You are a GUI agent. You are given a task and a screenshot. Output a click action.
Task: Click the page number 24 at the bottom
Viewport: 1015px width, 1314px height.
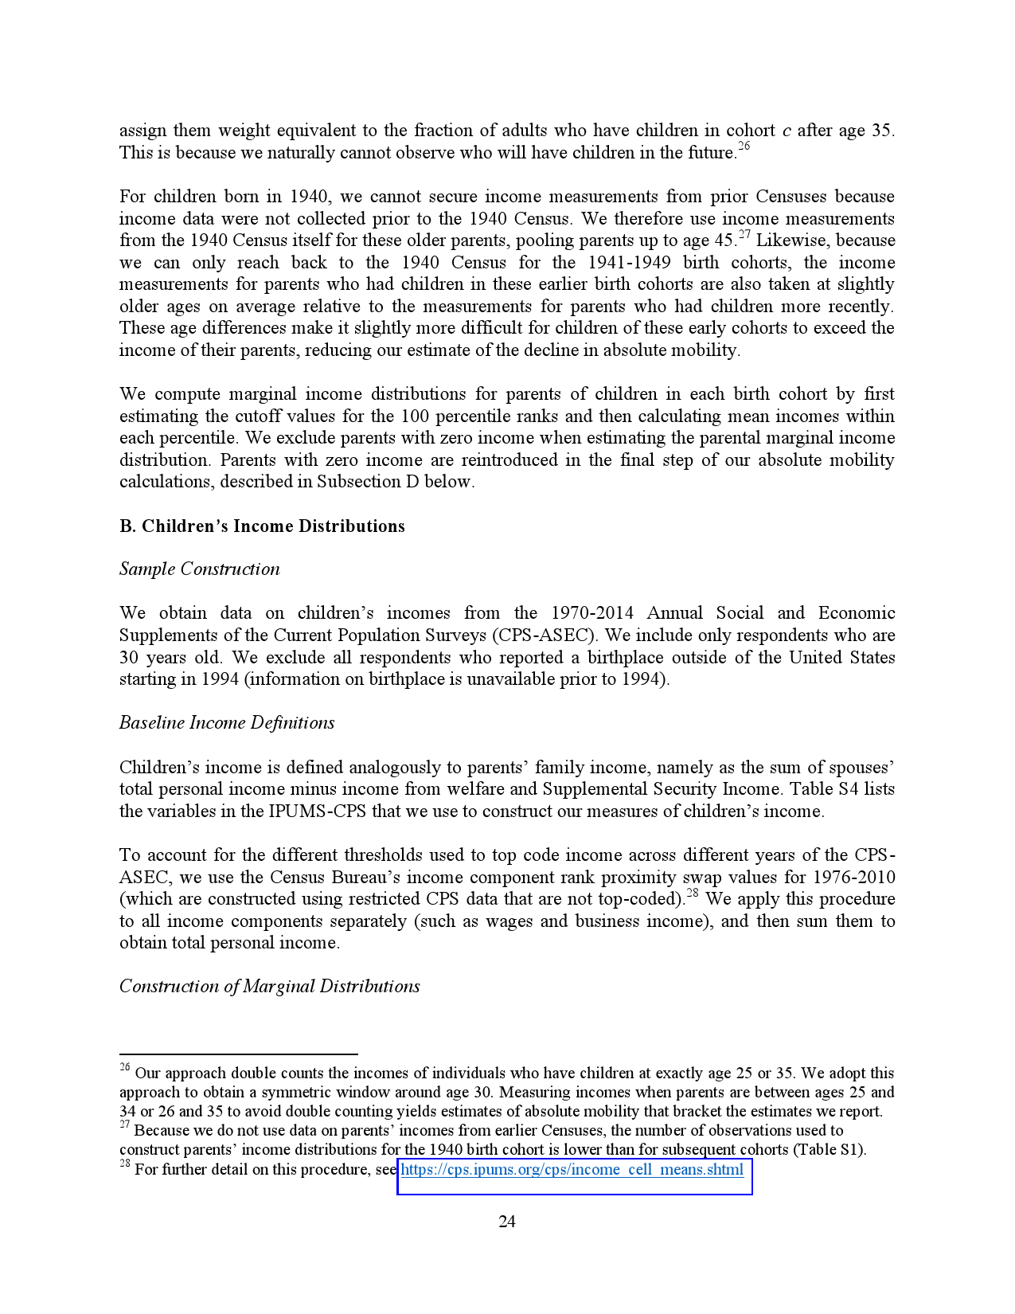click(507, 1222)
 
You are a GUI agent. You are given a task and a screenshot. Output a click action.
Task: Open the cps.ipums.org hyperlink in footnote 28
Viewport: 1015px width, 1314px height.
click(572, 1170)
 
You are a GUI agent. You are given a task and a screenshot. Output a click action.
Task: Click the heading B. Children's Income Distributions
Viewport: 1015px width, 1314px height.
click(262, 526)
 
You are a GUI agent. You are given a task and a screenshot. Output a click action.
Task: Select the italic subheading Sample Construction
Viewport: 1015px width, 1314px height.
click(200, 569)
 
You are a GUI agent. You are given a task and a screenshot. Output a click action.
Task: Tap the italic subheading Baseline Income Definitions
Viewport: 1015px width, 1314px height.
click(227, 723)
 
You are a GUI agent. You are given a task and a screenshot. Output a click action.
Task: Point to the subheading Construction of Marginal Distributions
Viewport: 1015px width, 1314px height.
click(270, 987)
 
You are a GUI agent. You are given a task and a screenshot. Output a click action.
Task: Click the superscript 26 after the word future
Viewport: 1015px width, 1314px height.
click(744, 147)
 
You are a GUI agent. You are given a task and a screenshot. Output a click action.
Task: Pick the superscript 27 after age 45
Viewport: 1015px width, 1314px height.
click(744, 234)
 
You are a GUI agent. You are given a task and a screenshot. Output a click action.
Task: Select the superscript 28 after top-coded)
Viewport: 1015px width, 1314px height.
click(692, 894)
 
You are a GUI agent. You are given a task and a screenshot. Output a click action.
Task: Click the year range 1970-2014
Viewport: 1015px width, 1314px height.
click(592, 613)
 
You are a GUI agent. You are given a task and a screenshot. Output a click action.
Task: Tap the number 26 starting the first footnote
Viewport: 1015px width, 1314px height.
click(125, 1068)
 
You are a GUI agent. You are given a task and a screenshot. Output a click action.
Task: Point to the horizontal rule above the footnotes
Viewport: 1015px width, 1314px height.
click(238, 1054)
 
